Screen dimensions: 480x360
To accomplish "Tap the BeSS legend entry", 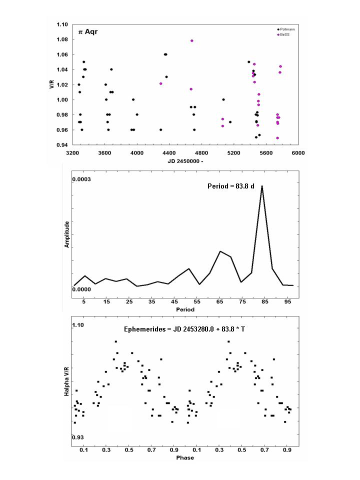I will [283, 34].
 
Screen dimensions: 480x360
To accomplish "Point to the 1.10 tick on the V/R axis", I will [62, 24].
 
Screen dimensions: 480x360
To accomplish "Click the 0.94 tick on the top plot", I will [62, 145].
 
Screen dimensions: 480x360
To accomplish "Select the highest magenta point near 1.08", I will [192, 41].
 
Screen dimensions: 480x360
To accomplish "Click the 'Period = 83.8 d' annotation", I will [231, 186].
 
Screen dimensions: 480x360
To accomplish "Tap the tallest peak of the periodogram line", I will [262, 186].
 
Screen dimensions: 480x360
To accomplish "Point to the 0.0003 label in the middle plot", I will [81, 179].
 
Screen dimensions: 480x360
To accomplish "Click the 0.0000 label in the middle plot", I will [81, 289].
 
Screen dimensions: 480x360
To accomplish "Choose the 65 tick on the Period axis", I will [219, 302].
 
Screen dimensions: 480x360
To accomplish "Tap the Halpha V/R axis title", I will [66, 382].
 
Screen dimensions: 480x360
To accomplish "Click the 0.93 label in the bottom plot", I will [78, 437].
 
